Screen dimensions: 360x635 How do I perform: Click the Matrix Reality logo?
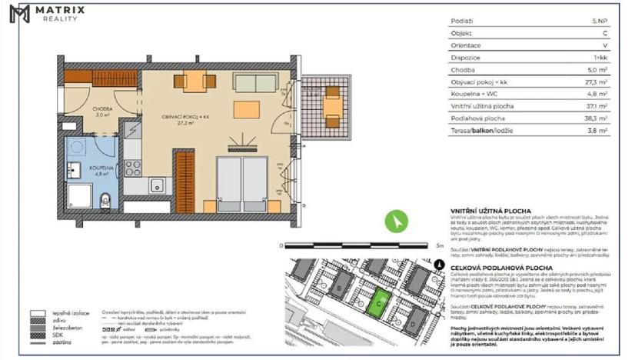(48, 13)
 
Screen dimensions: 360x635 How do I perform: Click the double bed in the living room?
(241, 185)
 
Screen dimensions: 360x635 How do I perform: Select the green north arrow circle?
(395, 221)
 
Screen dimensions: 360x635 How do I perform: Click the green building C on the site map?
(377, 302)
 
